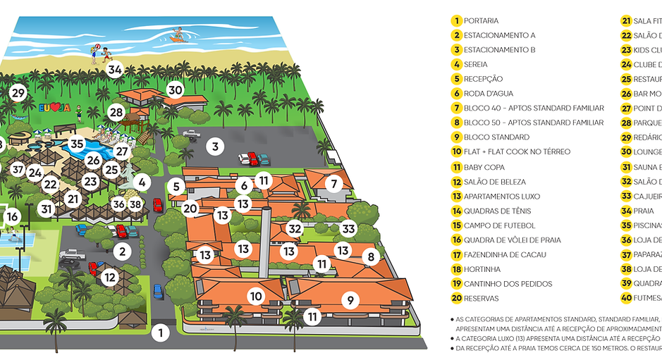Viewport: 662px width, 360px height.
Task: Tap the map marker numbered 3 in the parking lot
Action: pos(216,147)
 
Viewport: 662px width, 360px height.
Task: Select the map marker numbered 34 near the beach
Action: pos(115,69)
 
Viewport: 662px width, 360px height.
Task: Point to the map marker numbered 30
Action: pos(176,89)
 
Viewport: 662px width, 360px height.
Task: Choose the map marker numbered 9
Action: pos(350,300)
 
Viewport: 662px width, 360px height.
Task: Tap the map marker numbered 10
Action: pos(257,297)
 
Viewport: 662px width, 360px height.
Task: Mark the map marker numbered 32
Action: pos(295,228)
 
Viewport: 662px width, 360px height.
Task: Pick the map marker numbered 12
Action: pos(110,277)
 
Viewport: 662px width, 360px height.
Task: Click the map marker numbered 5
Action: pos(178,187)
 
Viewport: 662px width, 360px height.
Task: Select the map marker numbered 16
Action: pos(12,217)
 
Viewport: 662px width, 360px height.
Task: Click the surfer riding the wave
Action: pos(178,35)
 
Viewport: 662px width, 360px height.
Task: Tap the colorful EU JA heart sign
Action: pos(54,108)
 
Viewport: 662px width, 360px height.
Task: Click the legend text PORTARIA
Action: pos(481,21)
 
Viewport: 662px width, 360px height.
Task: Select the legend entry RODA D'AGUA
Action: pos(488,94)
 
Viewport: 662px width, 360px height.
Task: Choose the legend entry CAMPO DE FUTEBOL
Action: pos(499,225)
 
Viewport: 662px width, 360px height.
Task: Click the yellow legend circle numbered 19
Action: pos(457,284)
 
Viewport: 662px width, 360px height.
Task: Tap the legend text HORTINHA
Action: pos(482,269)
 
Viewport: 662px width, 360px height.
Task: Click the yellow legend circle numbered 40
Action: pos(626,298)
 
